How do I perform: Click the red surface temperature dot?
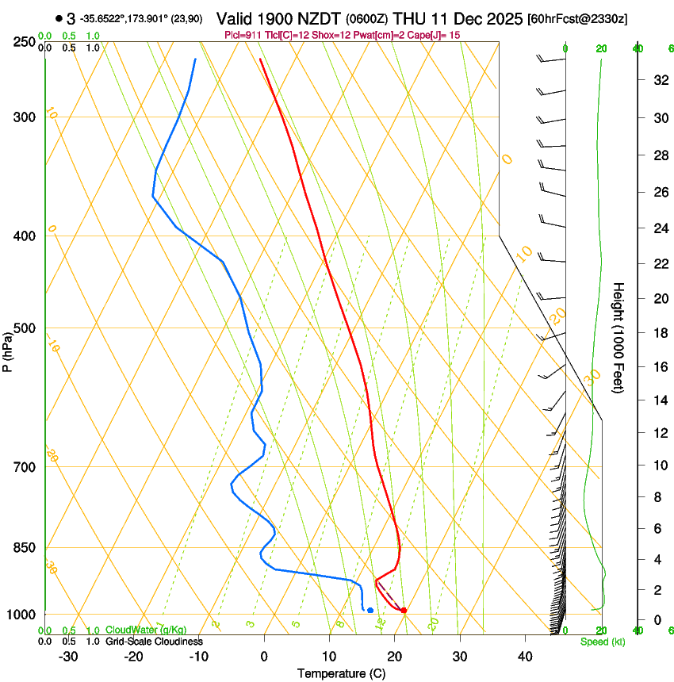[404, 610]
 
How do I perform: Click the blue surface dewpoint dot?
[370, 610]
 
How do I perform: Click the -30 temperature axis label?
[68, 657]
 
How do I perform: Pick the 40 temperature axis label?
[525, 657]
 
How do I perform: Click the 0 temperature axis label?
[264, 657]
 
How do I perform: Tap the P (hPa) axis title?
[7, 350]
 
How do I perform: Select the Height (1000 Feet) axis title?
[618, 337]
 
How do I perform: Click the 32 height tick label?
[659, 80]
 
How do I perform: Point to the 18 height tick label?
[659, 333]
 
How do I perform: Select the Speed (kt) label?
[602, 642]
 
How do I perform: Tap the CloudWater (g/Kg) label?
[135, 630]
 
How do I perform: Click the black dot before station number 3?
[59, 18]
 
